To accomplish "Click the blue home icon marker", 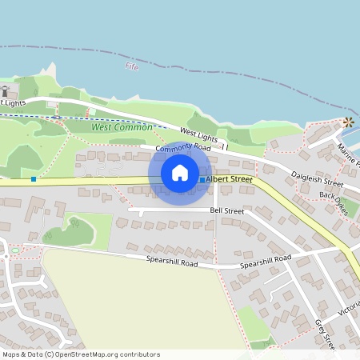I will pos(180,172).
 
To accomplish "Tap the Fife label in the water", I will pos(132,67).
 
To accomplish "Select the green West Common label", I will pos(112,126).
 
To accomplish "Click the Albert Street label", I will pos(229,180).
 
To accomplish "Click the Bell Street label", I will pos(226,210).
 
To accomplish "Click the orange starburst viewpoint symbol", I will pos(348,122).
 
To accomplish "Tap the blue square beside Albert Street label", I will pos(202,180).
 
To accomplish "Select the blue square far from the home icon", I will pos(34,178).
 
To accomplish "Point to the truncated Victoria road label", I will pos(349,307).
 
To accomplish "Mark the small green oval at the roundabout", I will pos(14,254).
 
